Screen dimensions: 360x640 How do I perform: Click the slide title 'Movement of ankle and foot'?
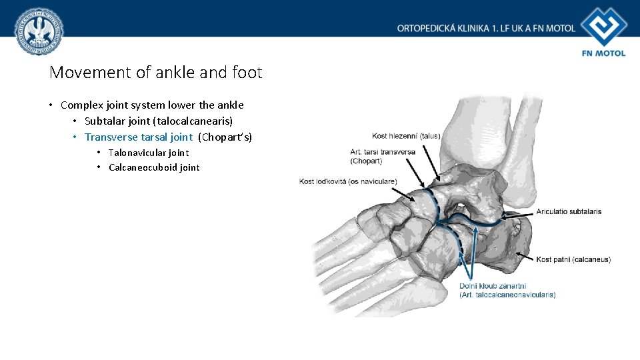pos(155,72)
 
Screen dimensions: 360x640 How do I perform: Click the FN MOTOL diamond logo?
pos(603,27)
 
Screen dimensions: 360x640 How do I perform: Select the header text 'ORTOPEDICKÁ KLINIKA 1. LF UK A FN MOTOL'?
pos(486,29)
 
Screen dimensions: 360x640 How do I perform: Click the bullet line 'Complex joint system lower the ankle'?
pos(152,105)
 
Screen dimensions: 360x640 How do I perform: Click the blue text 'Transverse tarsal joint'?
pos(138,137)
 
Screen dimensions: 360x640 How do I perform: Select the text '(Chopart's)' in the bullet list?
pos(225,137)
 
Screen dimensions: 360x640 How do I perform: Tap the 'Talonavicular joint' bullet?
pos(149,153)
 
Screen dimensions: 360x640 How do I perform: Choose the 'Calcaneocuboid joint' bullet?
pos(154,167)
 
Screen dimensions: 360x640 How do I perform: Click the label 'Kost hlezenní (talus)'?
pos(406,136)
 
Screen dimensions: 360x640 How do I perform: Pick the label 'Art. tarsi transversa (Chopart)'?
pos(383,156)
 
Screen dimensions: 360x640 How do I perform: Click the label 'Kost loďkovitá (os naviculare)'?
pos(348,181)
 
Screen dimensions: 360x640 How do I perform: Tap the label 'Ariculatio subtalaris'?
pos(569,211)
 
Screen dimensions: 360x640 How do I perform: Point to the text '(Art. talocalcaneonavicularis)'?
pos(507,295)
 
